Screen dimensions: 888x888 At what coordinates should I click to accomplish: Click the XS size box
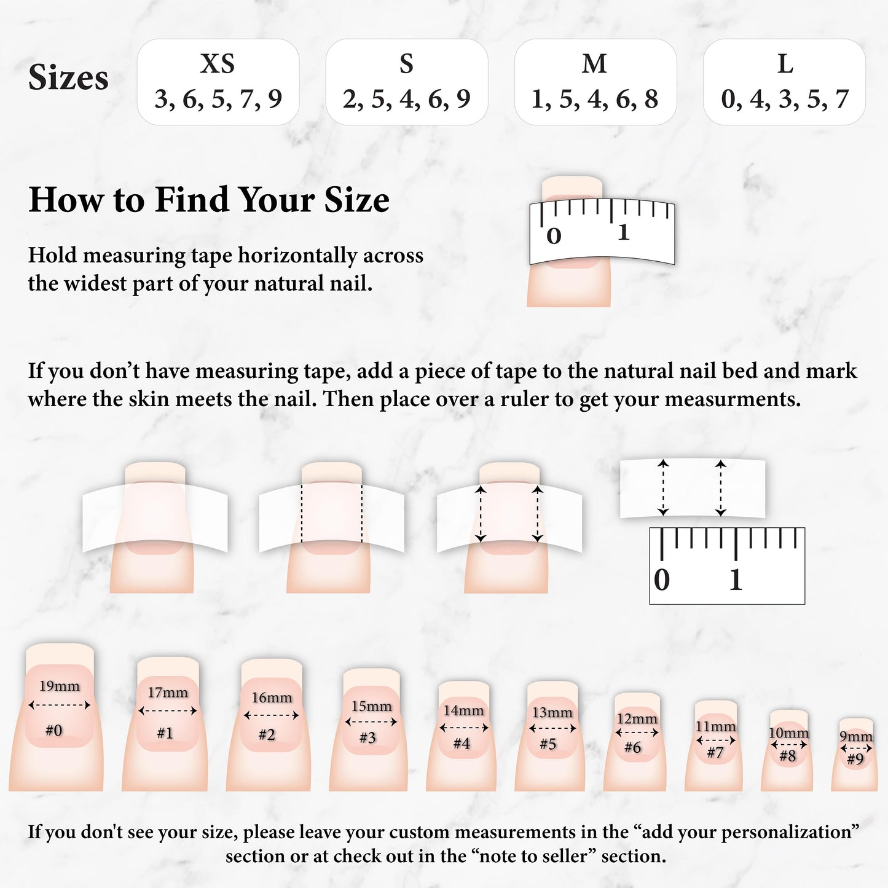click(218, 82)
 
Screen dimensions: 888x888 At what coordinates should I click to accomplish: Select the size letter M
click(594, 63)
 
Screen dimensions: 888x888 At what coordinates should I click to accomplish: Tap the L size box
click(784, 82)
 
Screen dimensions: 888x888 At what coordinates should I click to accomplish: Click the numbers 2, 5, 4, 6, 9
click(406, 98)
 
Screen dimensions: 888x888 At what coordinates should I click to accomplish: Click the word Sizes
click(68, 77)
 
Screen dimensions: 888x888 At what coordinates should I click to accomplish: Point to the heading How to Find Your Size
click(209, 200)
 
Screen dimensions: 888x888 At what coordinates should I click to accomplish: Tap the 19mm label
click(60, 686)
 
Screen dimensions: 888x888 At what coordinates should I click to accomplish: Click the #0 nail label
click(54, 730)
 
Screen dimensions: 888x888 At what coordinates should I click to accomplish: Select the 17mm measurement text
click(168, 692)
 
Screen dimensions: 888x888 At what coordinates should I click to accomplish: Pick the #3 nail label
click(367, 738)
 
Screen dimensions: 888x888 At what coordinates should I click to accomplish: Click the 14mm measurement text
click(463, 710)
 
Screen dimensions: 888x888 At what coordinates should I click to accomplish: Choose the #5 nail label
click(548, 744)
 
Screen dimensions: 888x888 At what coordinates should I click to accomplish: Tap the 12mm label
click(637, 719)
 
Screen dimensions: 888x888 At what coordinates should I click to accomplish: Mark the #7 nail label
click(715, 753)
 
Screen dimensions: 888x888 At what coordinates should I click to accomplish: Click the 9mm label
click(856, 737)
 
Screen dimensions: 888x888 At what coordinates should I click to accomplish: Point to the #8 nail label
click(788, 756)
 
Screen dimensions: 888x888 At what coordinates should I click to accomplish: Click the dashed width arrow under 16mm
click(272, 716)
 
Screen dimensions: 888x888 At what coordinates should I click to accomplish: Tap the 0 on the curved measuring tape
click(554, 237)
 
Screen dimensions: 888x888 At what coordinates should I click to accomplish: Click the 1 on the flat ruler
click(736, 580)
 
